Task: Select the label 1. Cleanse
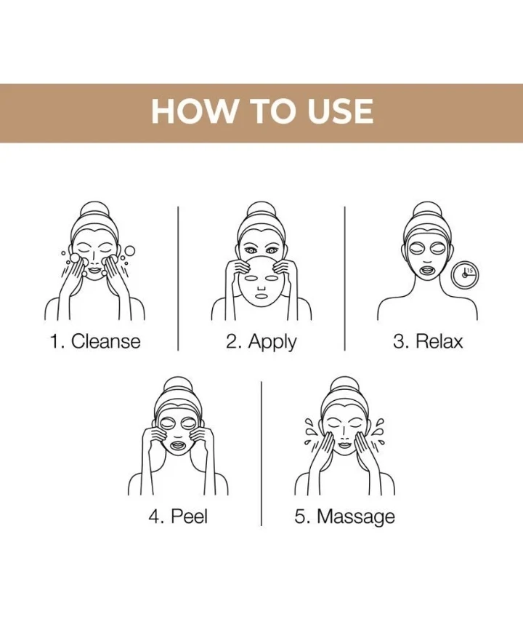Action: (x=95, y=341)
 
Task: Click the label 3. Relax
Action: (x=428, y=341)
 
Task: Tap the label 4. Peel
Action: (x=178, y=516)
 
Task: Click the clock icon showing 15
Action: (x=465, y=275)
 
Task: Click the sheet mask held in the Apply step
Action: (x=261, y=283)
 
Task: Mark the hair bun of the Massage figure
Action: (x=344, y=386)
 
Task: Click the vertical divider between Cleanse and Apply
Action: (x=178, y=279)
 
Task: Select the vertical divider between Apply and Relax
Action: (x=344, y=279)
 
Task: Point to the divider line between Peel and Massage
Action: (x=261, y=454)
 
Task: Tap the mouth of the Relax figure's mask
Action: (x=428, y=268)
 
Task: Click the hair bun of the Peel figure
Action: (x=178, y=386)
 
